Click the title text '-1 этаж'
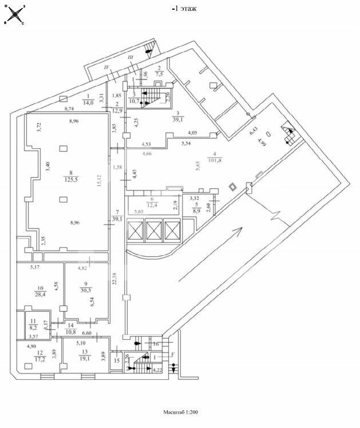(x=184, y=9)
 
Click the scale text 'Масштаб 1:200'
(x=180, y=412)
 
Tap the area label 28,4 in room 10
(x=41, y=295)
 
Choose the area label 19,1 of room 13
(x=85, y=359)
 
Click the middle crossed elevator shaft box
(x=155, y=230)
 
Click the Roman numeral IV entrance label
(x=106, y=68)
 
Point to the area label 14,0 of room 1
(x=88, y=103)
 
